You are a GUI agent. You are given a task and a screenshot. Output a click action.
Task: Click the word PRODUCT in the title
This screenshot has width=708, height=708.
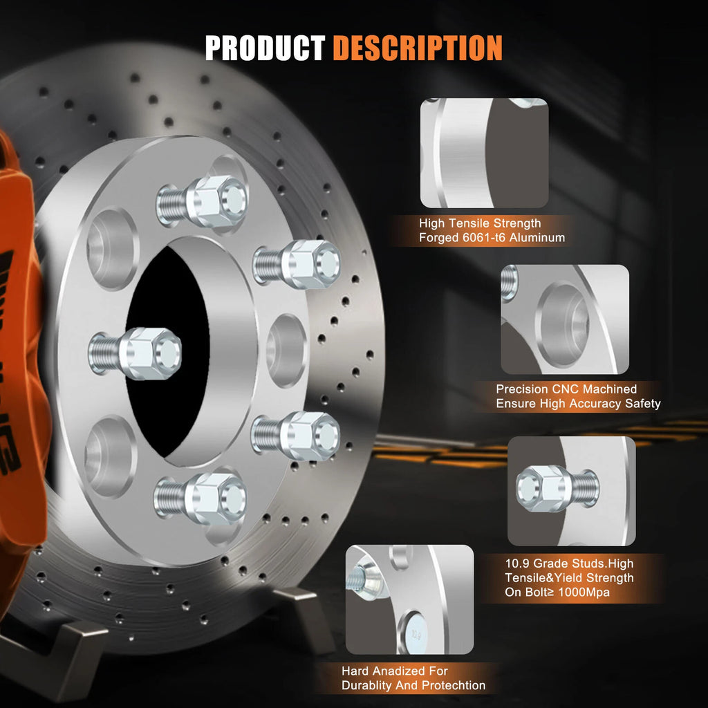pos(265,48)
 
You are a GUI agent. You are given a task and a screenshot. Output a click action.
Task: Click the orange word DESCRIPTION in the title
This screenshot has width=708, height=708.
pos(418,48)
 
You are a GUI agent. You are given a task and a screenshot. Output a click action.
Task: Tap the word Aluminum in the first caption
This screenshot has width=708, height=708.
pos(538,238)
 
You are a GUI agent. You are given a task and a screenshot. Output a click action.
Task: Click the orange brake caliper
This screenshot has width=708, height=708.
pos(20,361)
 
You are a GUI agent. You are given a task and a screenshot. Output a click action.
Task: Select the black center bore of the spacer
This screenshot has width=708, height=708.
pos(168,352)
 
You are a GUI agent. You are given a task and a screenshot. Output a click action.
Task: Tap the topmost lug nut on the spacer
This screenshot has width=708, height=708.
pos(203,201)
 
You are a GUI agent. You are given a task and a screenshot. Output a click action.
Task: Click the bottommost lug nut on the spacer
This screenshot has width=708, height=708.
pos(201,499)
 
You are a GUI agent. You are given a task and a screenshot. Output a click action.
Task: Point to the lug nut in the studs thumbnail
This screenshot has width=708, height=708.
pos(558,489)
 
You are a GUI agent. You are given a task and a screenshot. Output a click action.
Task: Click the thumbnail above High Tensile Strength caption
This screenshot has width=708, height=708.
pos(485,153)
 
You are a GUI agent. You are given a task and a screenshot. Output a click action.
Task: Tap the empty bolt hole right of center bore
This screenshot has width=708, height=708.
pos(287,351)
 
